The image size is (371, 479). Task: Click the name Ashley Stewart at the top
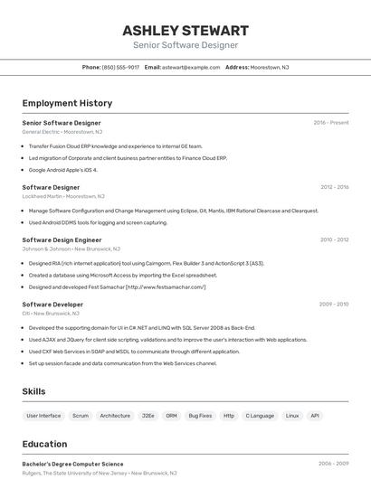(185, 30)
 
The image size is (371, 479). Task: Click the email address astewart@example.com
(191, 67)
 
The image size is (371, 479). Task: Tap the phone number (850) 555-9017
(120, 67)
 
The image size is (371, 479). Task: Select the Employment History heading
(67, 103)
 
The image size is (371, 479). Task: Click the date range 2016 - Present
(331, 122)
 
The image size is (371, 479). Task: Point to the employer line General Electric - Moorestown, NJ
(62, 132)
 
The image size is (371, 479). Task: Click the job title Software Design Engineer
(62, 239)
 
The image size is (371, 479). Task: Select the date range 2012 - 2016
(334, 187)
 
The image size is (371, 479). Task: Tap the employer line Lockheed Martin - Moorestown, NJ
(63, 196)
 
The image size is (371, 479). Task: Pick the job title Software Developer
(52, 305)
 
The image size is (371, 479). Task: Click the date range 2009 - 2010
(334, 305)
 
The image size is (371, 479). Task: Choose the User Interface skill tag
(43, 416)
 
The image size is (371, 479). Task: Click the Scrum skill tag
(81, 416)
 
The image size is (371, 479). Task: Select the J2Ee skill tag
(147, 416)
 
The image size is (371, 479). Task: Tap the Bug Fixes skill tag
(200, 416)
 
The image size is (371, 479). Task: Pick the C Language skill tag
(260, 416)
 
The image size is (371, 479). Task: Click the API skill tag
(315, 416)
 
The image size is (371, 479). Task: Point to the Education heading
(44, 444)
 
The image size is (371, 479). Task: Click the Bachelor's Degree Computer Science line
(72, 464)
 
